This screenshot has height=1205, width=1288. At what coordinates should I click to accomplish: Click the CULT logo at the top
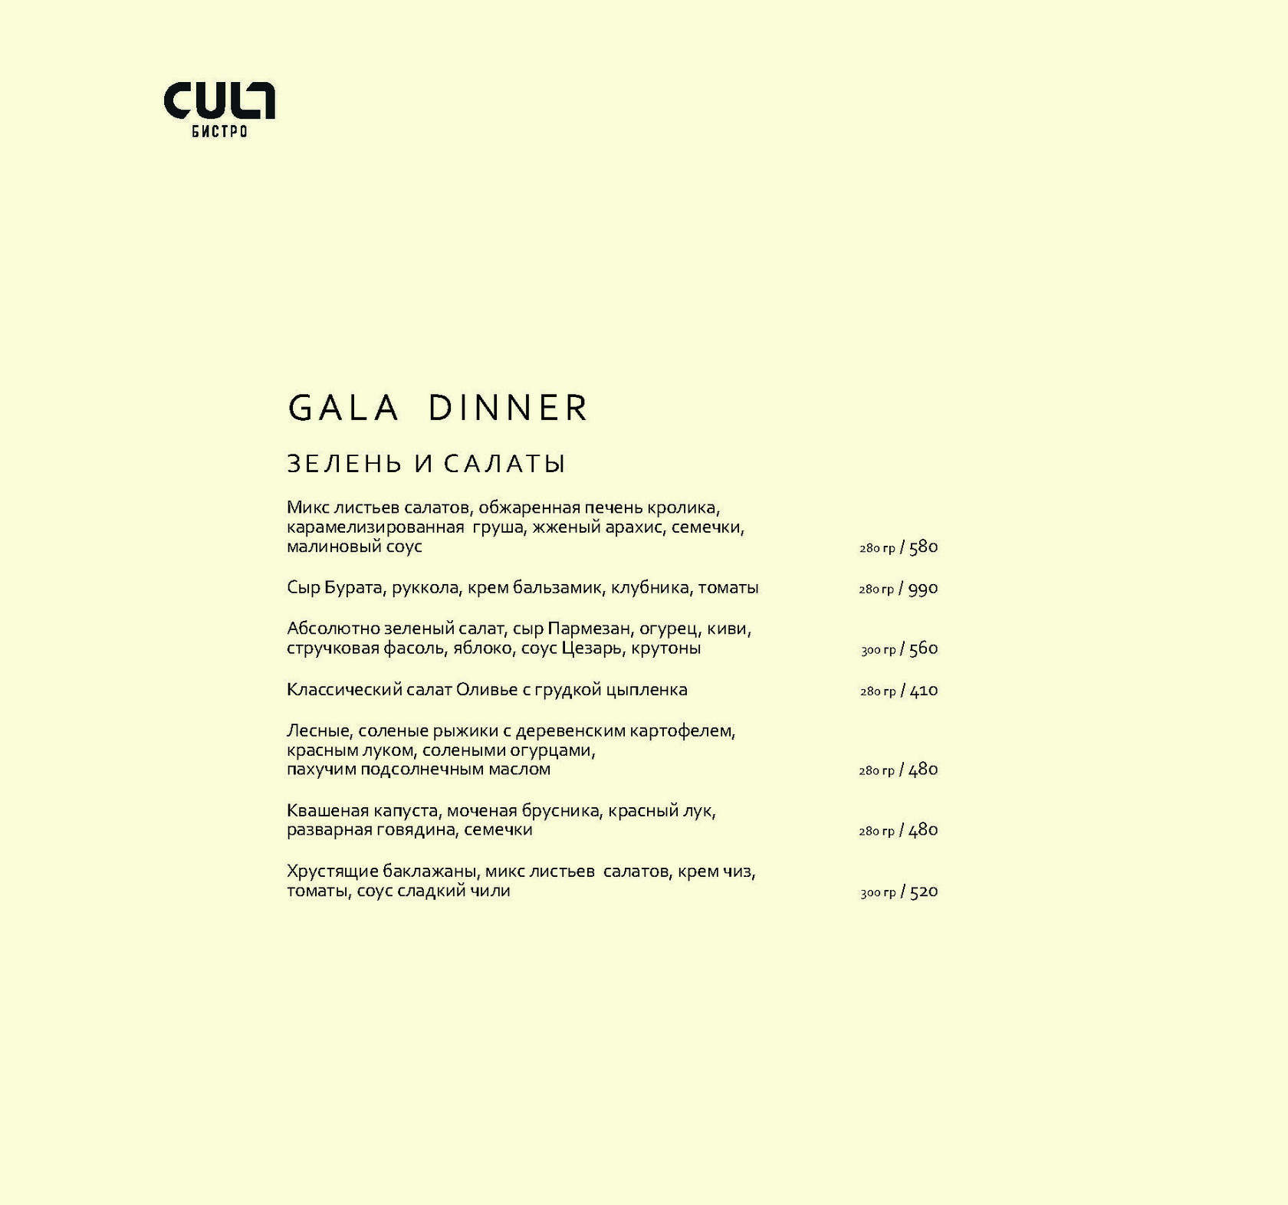[219, 101]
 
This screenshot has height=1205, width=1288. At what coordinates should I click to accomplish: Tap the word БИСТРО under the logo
[219, 132]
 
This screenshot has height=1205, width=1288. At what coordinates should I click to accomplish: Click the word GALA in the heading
[343, 408]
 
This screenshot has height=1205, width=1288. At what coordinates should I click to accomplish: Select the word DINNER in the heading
[508, 408]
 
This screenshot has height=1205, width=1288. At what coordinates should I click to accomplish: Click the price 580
[923, 547]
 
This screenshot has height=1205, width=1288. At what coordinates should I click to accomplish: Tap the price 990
[923, 589]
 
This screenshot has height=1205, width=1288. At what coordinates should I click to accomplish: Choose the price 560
[923, 649]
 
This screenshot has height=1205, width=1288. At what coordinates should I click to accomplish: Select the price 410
[923, 691]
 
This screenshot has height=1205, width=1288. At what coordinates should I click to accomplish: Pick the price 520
[923, 892]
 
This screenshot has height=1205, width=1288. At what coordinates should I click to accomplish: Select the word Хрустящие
[332, 872]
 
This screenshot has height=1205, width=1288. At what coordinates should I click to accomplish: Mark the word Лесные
[320, 731]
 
